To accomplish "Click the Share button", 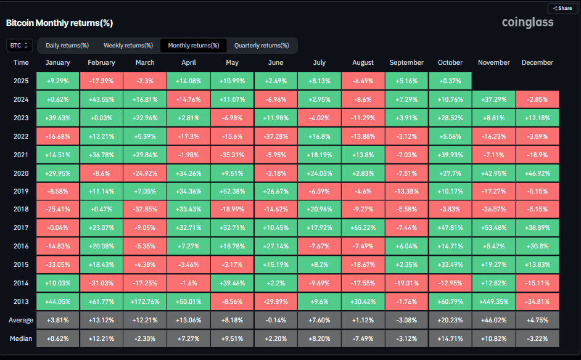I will click(562, 8).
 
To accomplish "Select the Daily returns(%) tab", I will click(67, 46).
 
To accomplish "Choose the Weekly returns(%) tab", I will click(128, 46).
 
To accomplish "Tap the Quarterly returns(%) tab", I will click(262, 46).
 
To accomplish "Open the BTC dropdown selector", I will click(20, 46).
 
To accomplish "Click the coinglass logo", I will click(527, 22).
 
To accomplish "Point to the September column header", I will click(406, 62).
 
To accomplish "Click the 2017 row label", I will click(20, 227).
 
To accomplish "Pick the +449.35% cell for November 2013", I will click(493, 303).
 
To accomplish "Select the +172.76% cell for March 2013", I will click(145, 303).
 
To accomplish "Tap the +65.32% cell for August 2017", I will click(363, 227).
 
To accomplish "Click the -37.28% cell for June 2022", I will click(276, 136).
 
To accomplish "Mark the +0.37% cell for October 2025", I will click(450, 81).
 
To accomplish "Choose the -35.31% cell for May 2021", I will click(232, 154).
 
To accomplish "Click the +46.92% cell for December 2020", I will click(537, 173).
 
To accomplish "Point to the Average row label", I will click(20, 320).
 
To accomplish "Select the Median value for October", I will click(450, 338).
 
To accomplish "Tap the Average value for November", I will click(493, 320).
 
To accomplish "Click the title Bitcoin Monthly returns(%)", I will click(59, 23).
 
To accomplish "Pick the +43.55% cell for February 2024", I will click(101, 99).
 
